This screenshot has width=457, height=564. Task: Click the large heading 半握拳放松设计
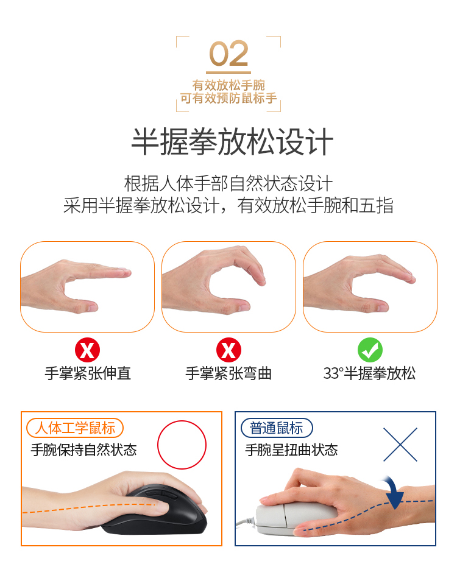[x=232, y=141]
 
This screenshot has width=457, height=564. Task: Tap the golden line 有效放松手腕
[x=228, y=85]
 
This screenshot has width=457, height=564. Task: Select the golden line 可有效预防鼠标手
[x=228, y=98]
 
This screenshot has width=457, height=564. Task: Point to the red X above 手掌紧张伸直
[x=88, y=350]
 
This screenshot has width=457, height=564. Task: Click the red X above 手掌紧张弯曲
[x=228, y=350]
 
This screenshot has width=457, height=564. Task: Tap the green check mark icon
[x=370, y=350]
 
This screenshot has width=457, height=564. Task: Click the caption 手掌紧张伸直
[x=88, y=373]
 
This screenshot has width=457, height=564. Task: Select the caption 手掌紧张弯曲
[x=228, y=373]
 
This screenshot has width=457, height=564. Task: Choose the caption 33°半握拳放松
[x=369, y=373]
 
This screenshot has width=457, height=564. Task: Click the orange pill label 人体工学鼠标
[x=75, y=428]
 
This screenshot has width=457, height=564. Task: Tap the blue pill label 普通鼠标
[x=277, y=428]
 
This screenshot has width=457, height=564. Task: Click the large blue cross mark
[x=400, y=445]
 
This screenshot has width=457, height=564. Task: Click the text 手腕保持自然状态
[x=84, y=450]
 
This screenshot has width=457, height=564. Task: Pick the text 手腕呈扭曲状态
[x=291, y=450]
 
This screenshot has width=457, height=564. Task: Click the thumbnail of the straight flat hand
[x=88, y=287]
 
